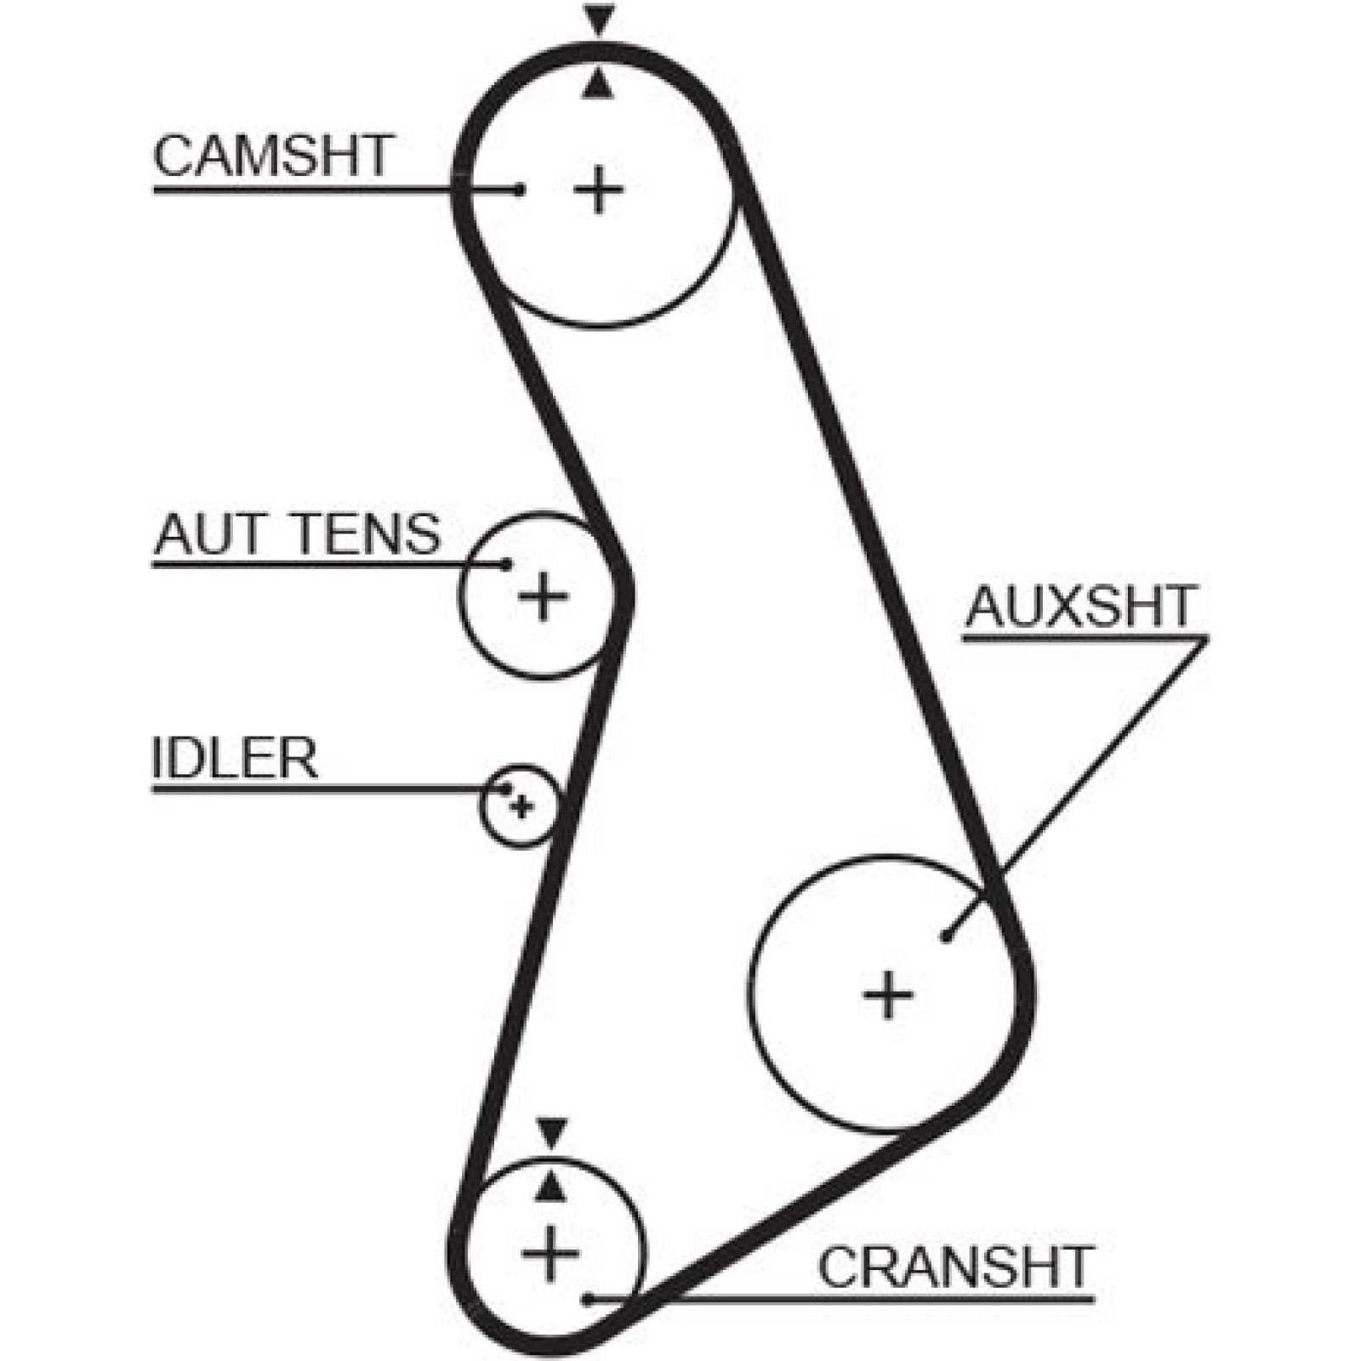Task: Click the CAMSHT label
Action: [x=272, y=156]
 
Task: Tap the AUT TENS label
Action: [x=297, y=534]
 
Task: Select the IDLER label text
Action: [x=235, y=758]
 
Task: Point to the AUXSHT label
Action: [x=1080, y=606]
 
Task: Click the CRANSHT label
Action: [x=954, y=1267]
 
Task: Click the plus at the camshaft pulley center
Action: [x=599, y=189]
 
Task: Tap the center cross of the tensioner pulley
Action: [x=543, y=595]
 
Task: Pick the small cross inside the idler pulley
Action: [x=522, y=806]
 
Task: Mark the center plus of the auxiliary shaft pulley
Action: [x=888, y=994]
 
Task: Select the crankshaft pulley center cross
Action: [x=550, y=1254]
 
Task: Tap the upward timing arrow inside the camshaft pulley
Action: [x=599, y=83]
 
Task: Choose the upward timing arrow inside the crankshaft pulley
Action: [x=552, y=1185]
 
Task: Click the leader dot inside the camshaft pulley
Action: [x=519, y=189]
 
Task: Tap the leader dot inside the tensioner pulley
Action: [x=507, y=564]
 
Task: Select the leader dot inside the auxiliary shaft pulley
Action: [x=947, y=937]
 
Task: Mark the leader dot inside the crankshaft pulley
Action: [x=587, y=1299]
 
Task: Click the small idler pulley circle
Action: [x=481, y=806]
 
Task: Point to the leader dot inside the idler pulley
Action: [x=507, y=789]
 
